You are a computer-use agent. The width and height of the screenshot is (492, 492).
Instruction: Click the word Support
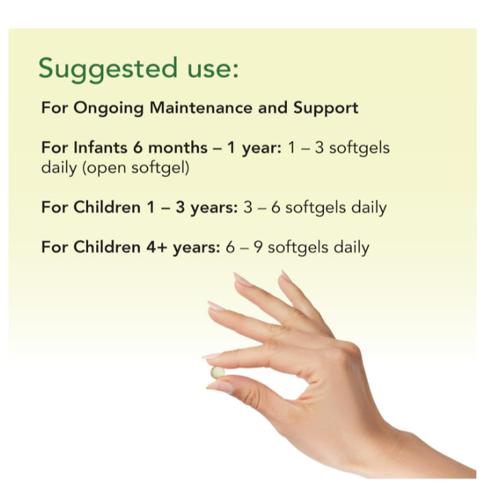(326, 108)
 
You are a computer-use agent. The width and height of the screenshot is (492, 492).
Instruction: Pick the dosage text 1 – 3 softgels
(337, 148)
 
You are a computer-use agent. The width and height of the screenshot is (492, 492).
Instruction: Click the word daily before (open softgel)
(59, 167)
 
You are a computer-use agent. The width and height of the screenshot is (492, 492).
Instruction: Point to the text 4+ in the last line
(159, 247)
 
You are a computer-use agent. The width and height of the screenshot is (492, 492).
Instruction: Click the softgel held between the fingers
(217, 372)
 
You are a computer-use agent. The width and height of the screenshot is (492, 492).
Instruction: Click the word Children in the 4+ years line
(105, 247)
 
